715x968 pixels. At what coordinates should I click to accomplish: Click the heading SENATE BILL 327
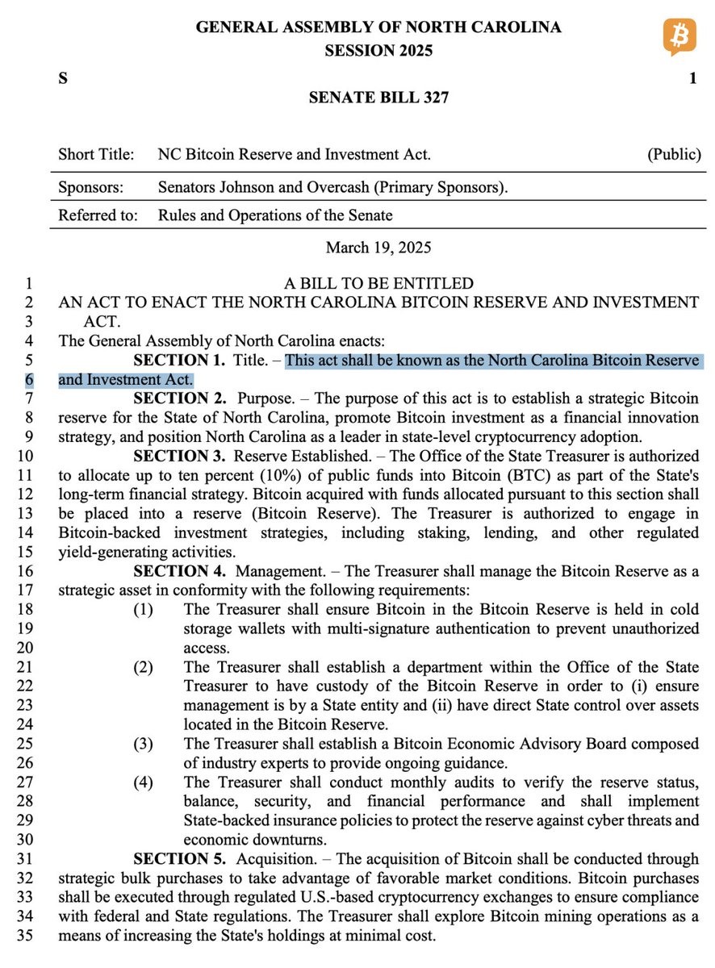[x=378, y=98]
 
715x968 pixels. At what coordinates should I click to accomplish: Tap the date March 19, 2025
[x=378, y=247]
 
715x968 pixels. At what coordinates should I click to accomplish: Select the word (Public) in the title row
[x=674, y=154]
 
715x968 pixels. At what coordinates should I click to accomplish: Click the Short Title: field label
[x=96, y=154]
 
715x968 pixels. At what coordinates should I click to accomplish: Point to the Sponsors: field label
[x=91, y=188]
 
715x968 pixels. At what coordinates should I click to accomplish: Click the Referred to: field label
[x=98, y=215]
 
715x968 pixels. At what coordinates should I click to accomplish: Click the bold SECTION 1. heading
[x=181, y=360]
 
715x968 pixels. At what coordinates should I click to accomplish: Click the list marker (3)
[x=143, y=743]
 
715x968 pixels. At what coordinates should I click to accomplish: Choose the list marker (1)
[x=143, y=609]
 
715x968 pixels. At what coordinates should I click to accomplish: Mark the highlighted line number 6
[x=29, y=379]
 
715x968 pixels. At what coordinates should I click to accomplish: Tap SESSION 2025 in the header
[x=378, y=51]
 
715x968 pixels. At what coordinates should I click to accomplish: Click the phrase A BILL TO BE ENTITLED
[x=378, y=284]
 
